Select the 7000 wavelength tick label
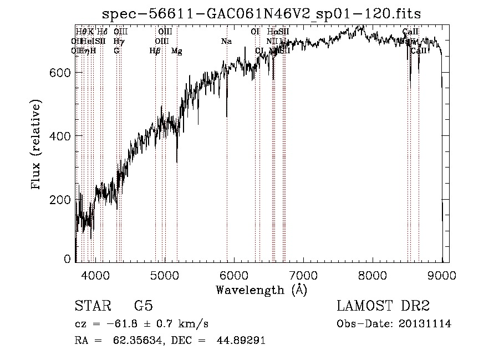click(303, 275)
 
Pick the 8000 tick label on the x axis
click(373, 275)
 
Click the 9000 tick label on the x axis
click(442, 275)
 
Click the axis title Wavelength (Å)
click(261, 290)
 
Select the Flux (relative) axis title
click(37, 145)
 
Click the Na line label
click(226, 41)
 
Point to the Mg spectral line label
click(176, 50)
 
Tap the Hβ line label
click(155, 50)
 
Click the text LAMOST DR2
click(383, 306)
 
